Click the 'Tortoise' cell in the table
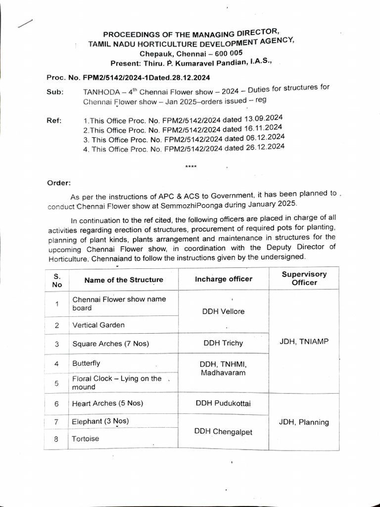(85, 439)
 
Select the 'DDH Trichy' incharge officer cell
(223, 343)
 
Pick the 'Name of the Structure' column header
(124, 280)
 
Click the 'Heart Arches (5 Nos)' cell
(107, 403)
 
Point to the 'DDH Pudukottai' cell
(223, 403)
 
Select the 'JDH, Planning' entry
(304, 422)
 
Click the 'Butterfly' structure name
(86, 363)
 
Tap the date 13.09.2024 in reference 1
(263, 118)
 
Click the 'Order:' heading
(59, 183)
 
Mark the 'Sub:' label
(55, 92)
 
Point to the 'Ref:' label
(54, 120)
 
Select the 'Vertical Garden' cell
(98, 325)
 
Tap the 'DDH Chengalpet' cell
(223, 432)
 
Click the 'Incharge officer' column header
(223, 279)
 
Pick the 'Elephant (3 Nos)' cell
(100, 421)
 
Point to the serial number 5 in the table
(57, 383)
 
